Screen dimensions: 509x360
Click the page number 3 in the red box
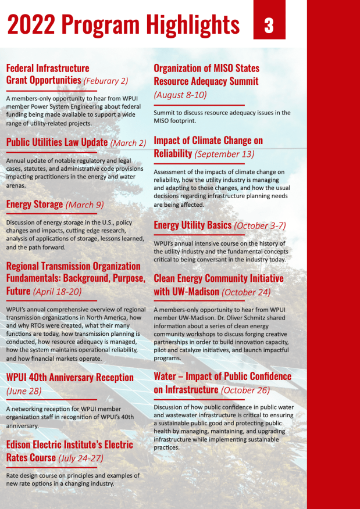pos(269,26)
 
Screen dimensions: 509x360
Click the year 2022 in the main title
pos(30,25)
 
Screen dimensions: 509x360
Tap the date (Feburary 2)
pos(106,81)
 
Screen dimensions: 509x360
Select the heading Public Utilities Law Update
pos(57,142)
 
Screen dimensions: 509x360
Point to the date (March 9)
pos(84,205)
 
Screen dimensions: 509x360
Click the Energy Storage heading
pos(34,205)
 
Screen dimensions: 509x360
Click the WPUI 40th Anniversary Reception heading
pos(70,377)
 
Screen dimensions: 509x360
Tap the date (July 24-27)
pos(80,458)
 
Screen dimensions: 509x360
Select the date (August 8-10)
pos(180,95)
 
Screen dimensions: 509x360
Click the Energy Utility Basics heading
pos(193,225)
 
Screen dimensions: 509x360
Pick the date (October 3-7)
pos(260,225)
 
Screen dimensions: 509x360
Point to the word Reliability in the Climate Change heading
pos(173,153)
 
